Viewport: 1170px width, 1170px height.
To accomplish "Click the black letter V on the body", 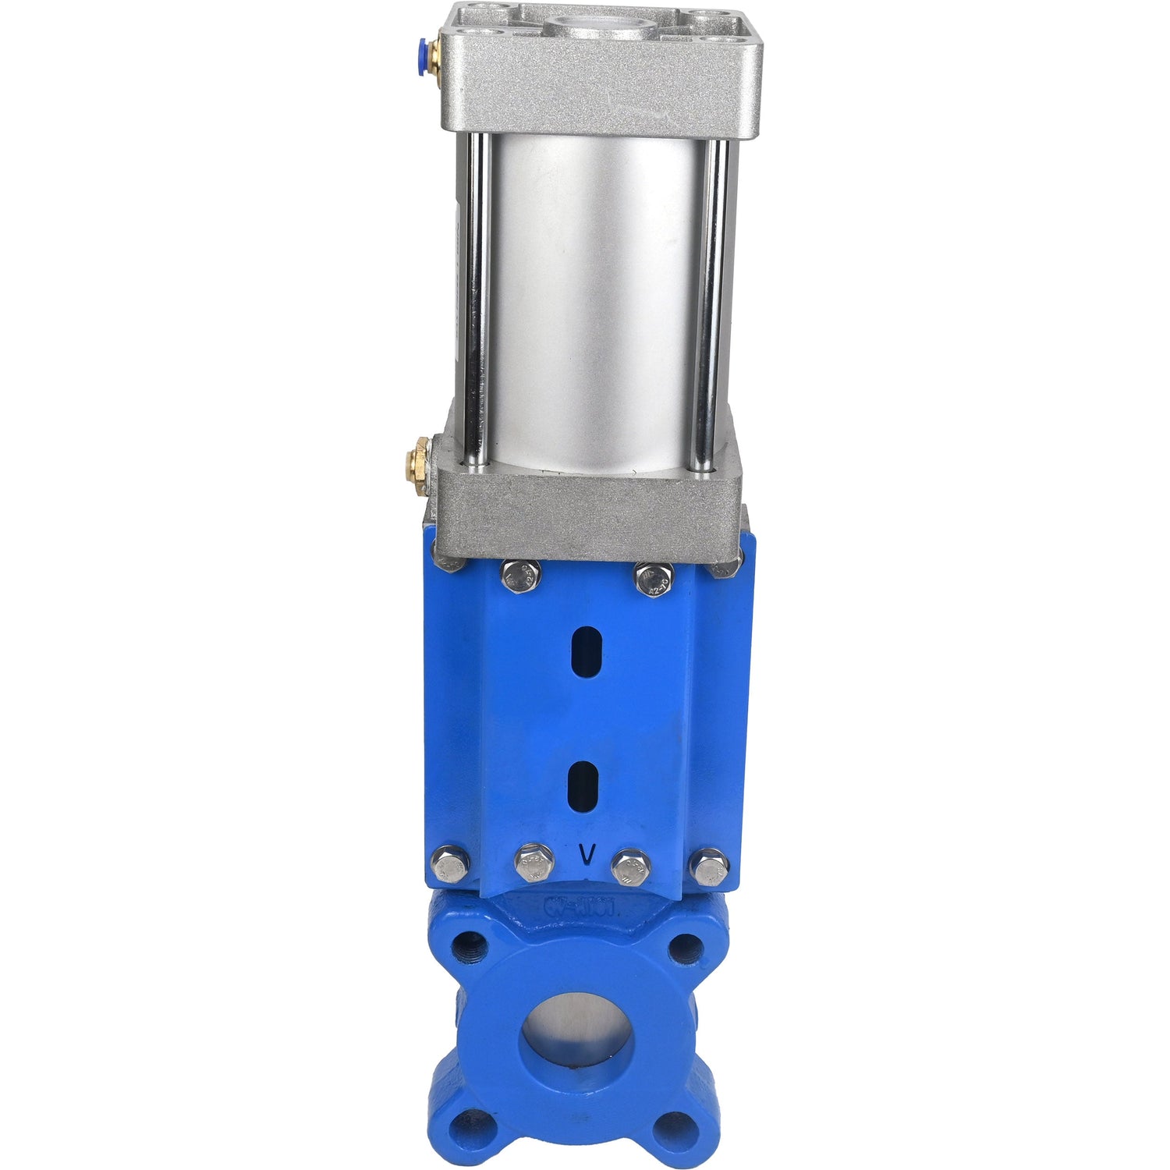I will tap(583, 855).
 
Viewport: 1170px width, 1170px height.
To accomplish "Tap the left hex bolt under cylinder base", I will tap(521, 576).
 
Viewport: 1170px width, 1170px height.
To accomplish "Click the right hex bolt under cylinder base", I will tap(654, 579).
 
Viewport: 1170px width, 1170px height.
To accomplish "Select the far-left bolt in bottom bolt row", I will tap(450, 863).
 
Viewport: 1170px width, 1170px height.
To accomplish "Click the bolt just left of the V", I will tap(534, 863).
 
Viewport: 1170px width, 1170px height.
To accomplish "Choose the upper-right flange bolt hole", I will tap(685, 948).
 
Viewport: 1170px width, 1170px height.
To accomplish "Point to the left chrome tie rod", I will tap(477, 304).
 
